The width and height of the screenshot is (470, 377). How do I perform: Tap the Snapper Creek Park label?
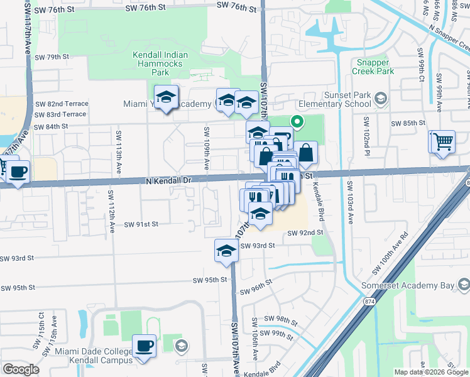coord(376,67)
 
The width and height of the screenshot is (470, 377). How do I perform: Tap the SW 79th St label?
coord(52,57)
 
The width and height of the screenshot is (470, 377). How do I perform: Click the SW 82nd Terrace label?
coord(61,104)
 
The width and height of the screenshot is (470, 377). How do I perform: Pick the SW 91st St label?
coord(141,224)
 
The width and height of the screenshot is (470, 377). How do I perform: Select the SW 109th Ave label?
coord(205,148)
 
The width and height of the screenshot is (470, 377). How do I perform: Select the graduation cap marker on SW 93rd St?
coord(226,251)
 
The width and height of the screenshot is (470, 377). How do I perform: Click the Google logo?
coord(21,369)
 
